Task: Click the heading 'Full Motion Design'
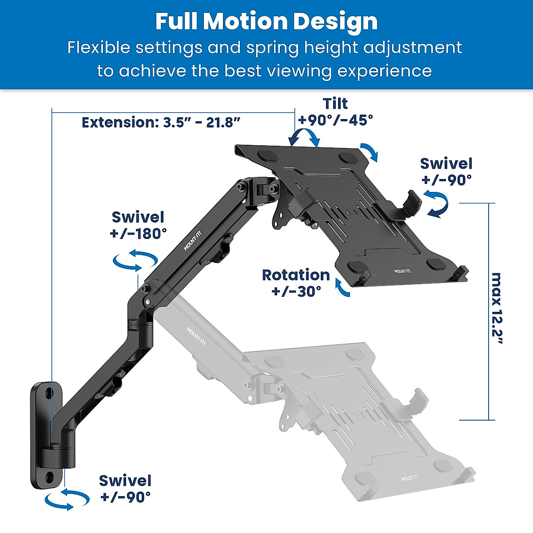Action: click(266, 21)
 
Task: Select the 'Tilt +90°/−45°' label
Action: click(335, 111)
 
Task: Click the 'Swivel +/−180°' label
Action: click(138, 225)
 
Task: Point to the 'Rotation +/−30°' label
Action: click(296, 283)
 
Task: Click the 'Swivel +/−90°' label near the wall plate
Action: click(125, 489)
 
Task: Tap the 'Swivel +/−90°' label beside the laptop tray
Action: click(446, 171)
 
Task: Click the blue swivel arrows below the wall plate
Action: click(67, 499)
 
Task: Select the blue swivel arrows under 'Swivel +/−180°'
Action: click(135, 261)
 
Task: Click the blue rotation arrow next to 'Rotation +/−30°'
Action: click(342, 288)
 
